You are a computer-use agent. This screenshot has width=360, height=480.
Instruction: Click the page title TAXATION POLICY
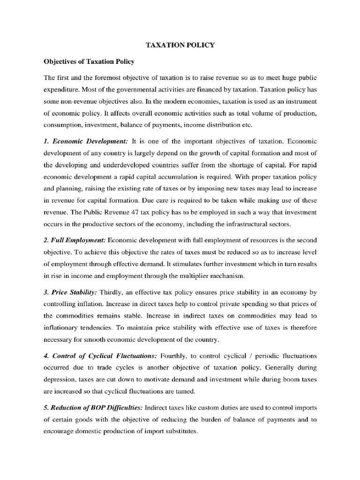(x=180, y=45)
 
